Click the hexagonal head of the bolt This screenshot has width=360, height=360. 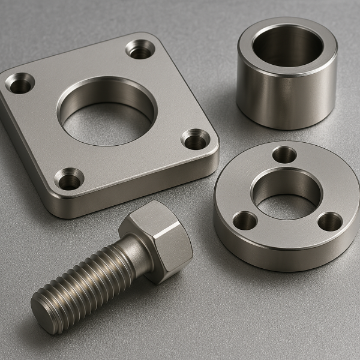pos(157,240)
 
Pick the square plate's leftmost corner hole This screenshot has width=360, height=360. pos(20,82)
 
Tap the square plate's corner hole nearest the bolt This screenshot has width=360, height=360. pos(69,178)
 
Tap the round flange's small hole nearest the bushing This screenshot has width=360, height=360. pos(284,155)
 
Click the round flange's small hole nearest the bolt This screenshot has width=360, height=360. pos(245,221)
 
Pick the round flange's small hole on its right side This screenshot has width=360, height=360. pos(329,223)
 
